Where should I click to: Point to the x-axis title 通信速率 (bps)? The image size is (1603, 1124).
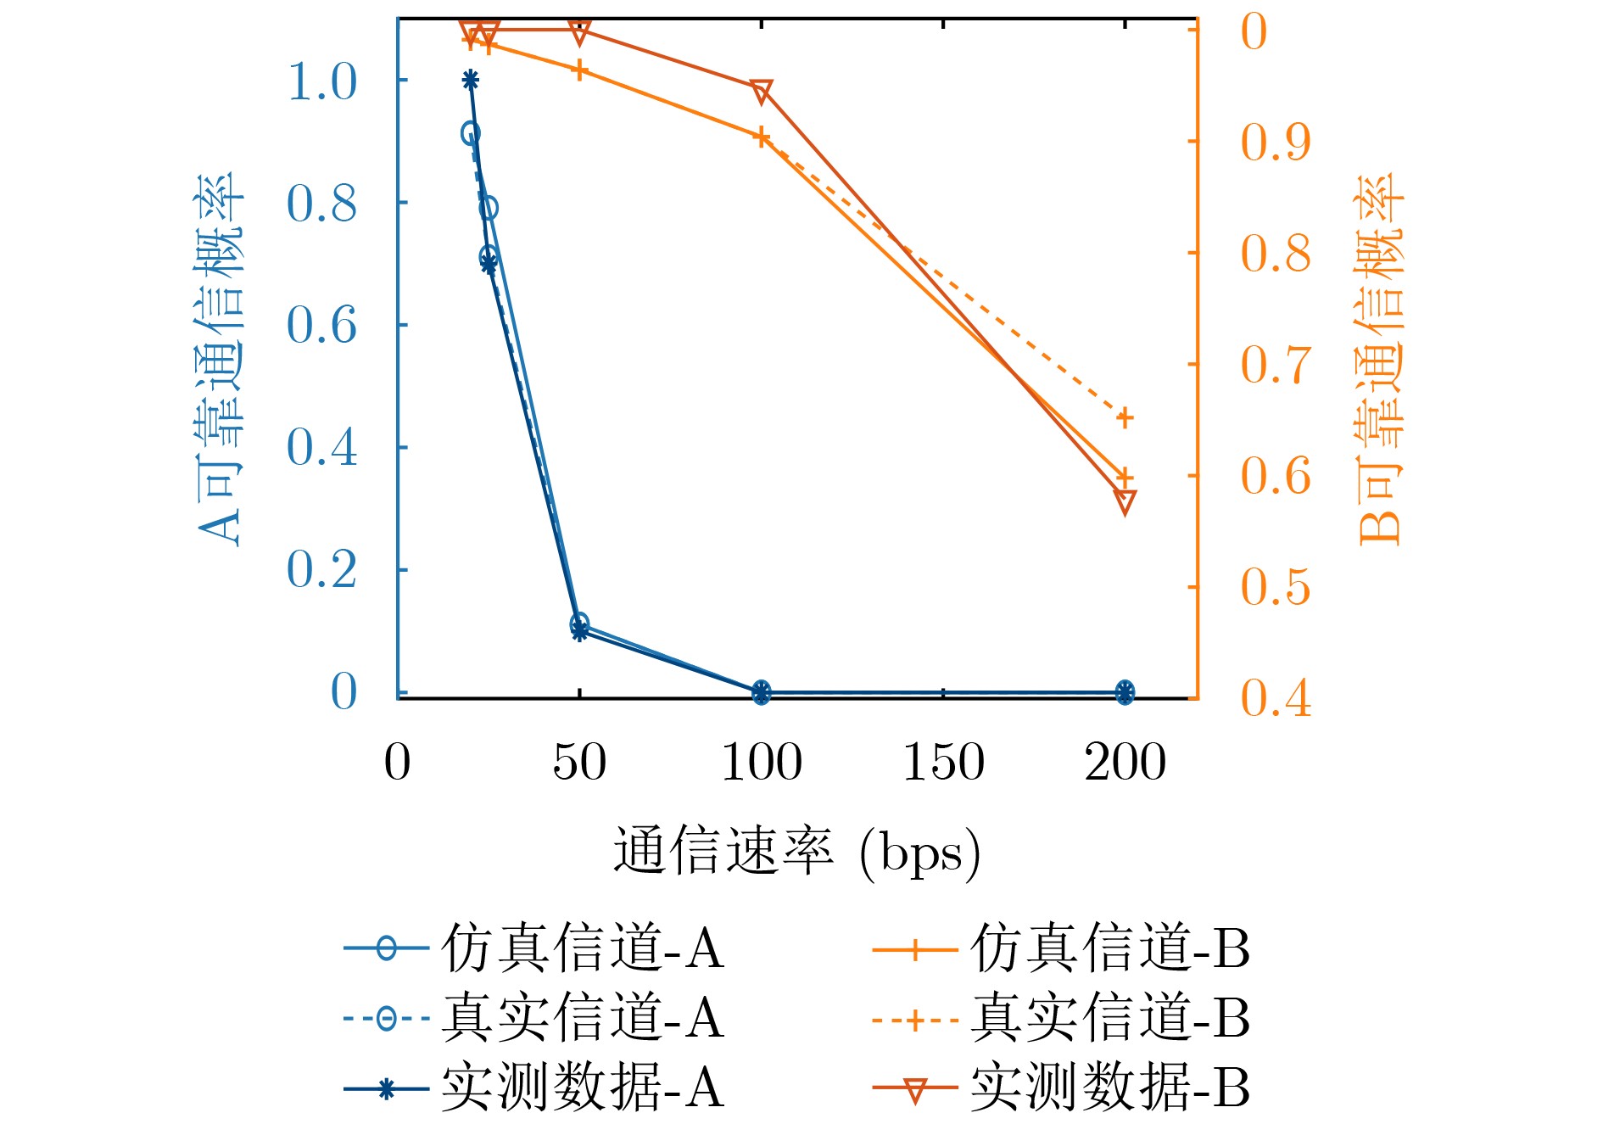(x=796, y=852)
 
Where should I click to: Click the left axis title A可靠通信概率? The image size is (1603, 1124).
(x=220, y=360)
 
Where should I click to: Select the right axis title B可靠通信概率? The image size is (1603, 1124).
(x=1379, y=360)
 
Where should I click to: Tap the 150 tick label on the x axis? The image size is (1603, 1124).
(x=943, y=762)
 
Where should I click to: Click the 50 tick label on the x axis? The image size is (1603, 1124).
(x=579, y=762)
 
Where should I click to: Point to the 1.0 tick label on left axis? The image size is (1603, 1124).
(x=322, y=82)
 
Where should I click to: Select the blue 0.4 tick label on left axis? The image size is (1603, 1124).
(x=322, y=447)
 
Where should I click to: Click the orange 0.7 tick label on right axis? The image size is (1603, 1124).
(x=1276, y=365)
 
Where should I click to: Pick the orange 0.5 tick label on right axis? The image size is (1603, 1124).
(x=1276, y=587)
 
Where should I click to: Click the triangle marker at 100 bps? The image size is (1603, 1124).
(x=762, y=92)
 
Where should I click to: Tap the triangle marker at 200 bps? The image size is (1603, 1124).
(x=1125, y=501)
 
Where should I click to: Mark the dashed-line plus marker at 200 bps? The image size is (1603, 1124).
(x=1125, y=417)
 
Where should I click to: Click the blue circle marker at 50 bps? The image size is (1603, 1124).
(x=579, y=624)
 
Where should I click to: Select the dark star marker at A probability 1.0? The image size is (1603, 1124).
(x=471, y=81)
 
